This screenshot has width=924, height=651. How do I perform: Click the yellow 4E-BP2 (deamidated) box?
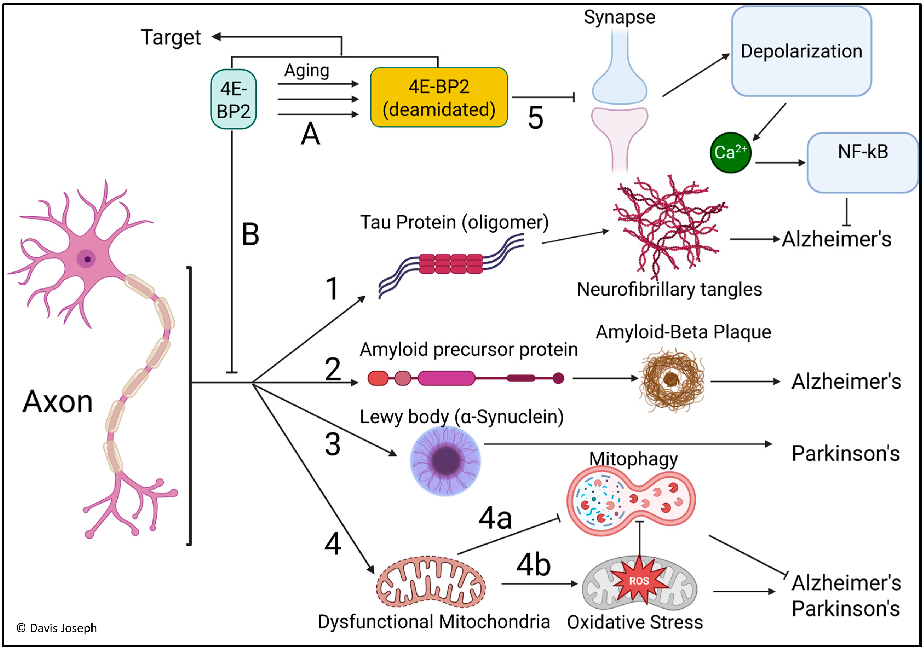439,97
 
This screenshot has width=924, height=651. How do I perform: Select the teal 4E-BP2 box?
234,99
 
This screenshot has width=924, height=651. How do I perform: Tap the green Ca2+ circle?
730,152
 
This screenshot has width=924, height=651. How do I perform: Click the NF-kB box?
862,162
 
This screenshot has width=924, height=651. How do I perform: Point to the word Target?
171,37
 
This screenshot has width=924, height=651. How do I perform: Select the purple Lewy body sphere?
445,461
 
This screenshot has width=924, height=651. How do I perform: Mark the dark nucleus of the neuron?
87,259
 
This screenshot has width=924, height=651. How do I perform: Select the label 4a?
495,518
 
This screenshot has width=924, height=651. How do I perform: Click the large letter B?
250,234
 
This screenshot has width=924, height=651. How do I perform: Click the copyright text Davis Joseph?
57,628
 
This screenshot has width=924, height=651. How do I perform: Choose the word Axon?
57,401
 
